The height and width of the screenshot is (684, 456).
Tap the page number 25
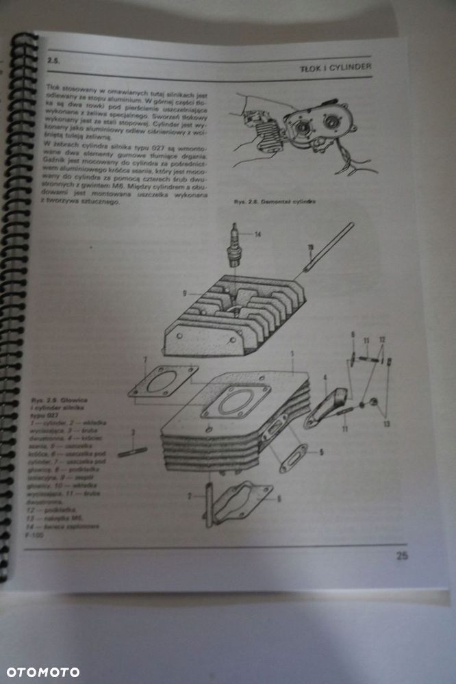[402, 555]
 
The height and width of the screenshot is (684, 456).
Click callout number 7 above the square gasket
[144, 361]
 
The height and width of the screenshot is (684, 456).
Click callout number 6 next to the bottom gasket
[278, 498]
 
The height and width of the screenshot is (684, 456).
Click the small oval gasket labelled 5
[292, 458]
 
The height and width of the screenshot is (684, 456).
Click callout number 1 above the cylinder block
[292, 354]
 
